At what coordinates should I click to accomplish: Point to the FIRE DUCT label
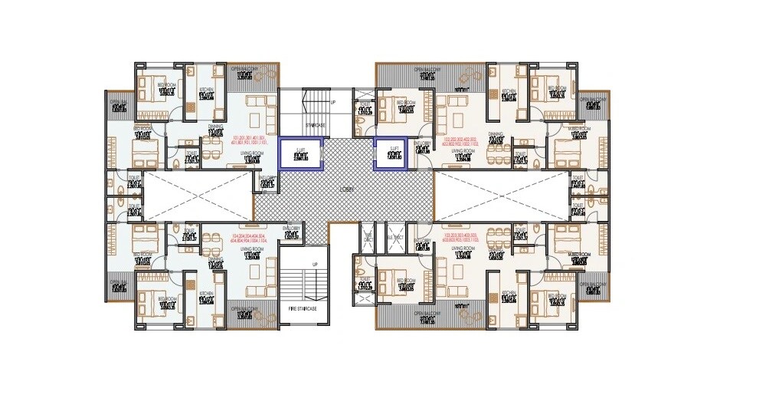pyautogui.click(x=367, y=237)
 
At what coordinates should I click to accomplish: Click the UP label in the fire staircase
pyautogui.click(x=314, y=265)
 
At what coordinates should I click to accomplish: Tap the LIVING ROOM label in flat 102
pyautogui.click(x=460, y=153)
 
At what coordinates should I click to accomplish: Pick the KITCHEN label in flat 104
pyautogui.click(x=205, y=294)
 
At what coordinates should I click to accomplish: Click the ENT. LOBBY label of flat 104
pyautogui.click(x=291, y=229)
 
